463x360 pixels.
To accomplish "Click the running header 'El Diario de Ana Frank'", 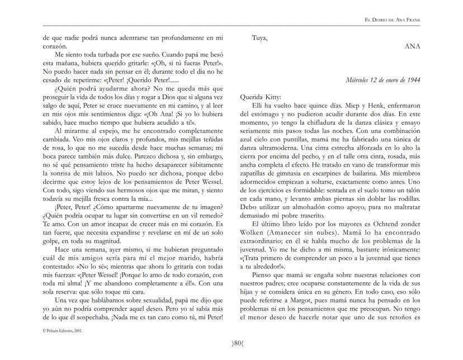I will click(393, 20).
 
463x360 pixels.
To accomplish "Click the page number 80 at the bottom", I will click(232, 343).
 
